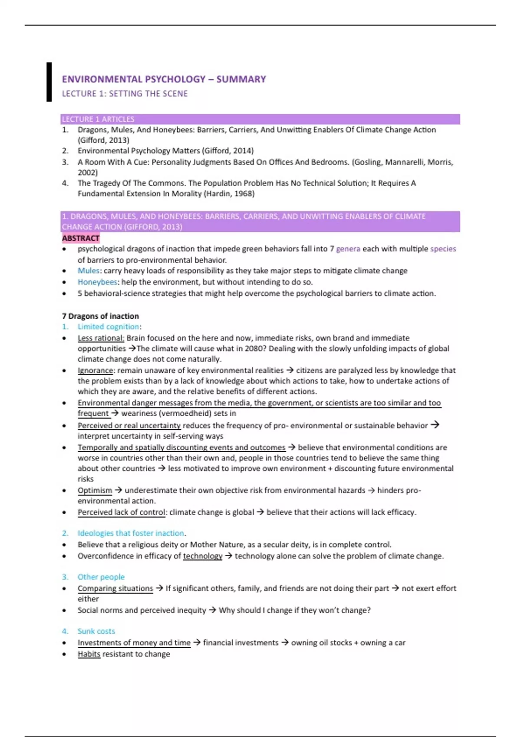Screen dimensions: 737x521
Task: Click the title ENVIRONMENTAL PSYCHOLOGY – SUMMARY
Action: click(x=164, y=79)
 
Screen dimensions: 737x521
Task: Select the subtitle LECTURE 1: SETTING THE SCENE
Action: click(x=125, y=94)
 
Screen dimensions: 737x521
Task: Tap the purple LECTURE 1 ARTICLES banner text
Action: click(x=98, y=119)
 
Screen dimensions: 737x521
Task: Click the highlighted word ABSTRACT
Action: click(x=81, y=238)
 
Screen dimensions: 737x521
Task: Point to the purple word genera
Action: click(x=348, y=249)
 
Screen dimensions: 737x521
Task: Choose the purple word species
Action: click(x=443, y=249)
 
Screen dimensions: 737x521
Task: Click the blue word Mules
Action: click(x=89, y=271)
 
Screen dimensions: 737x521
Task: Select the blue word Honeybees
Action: click(x=97, y=282)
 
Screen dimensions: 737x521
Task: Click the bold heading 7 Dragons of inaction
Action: click(x=100, y=316)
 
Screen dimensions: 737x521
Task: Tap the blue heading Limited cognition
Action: click(x=109, y=327)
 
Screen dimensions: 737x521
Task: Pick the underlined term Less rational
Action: click(x=101, y=338)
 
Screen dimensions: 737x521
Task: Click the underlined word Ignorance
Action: click(x=96, y=371)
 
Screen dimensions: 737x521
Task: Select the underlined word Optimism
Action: click(x=95, y=490)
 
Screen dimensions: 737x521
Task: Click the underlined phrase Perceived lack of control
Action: click(x=122, y=512)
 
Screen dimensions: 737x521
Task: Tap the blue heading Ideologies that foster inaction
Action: click(x=131, y=533)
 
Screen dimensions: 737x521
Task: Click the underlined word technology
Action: click(x=202, y=556)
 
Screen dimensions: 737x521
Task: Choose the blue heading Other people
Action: click(x=101, y=577)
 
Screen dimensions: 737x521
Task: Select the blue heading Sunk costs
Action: click(x=96, y=631)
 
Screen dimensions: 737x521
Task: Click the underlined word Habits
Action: click(x=89, y=654)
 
